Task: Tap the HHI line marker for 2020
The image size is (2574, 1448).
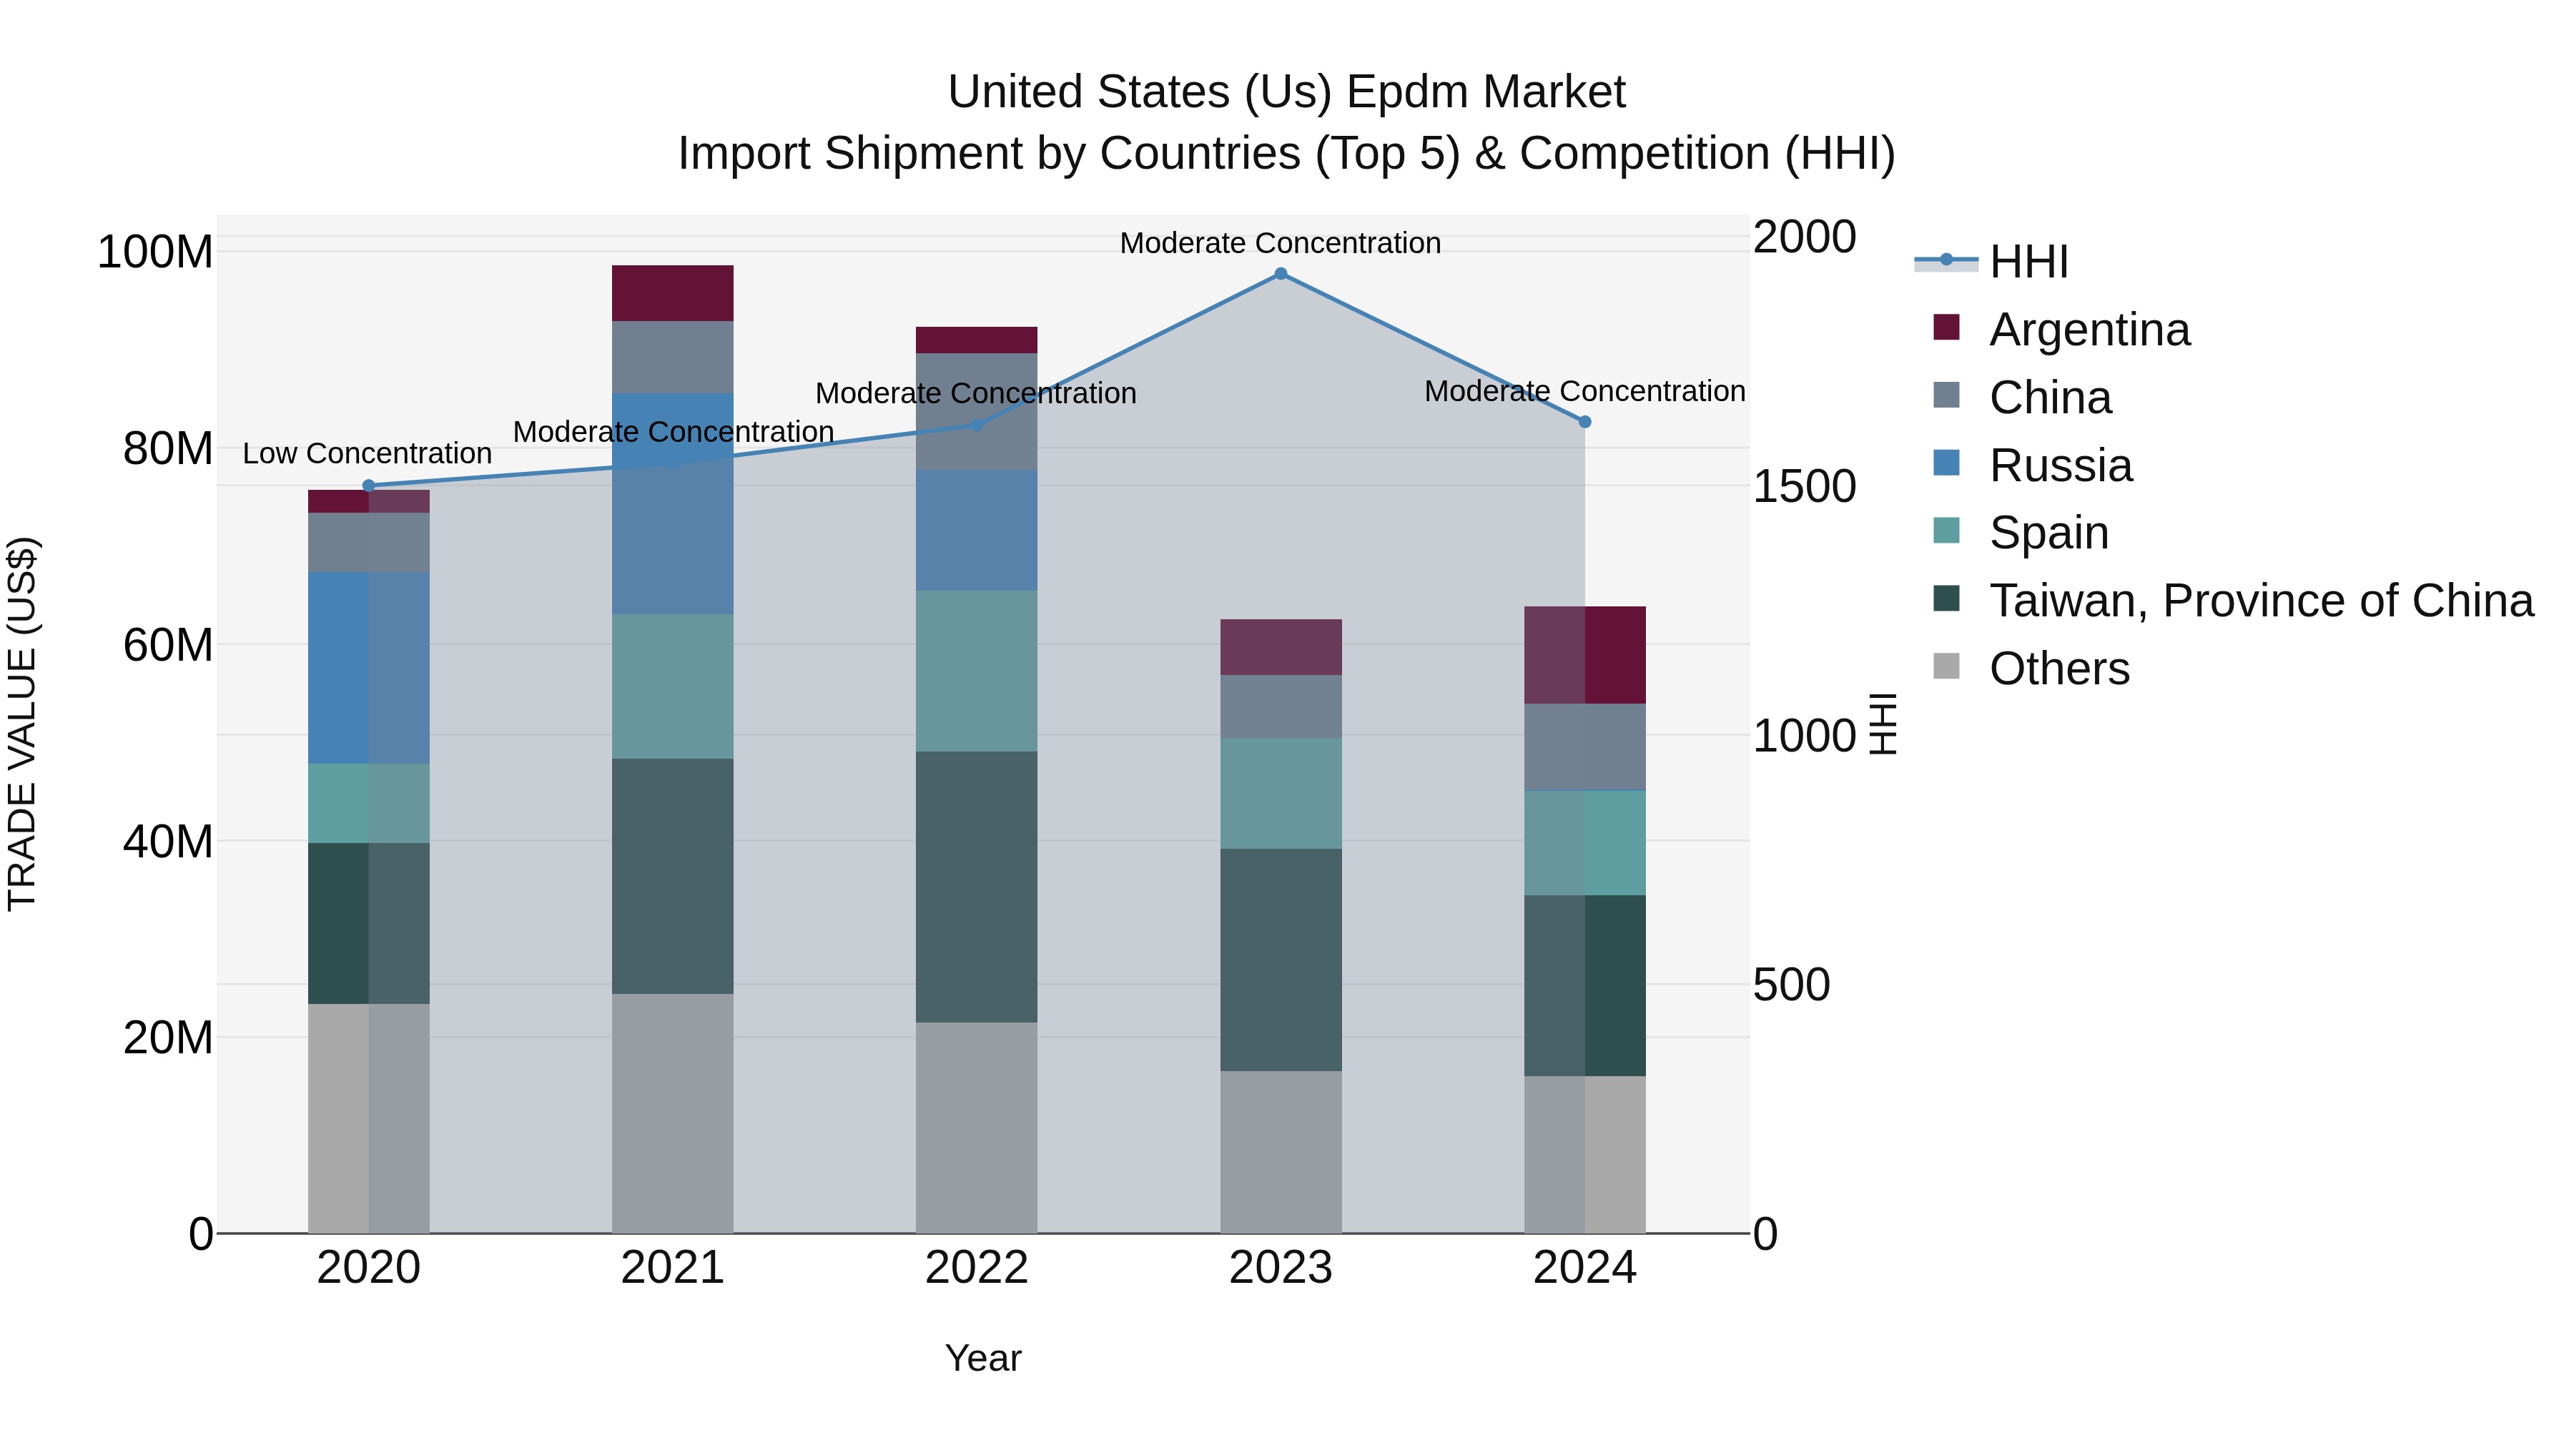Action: pyautogui.click(x=369, y=486)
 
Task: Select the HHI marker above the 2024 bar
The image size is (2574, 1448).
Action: pyautogui.click(x=1584, y=422)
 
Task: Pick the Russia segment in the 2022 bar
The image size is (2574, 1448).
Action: pyautogui.click(x=976, y=530)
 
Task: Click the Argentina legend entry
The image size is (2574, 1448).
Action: pyautogui.click(x=2089, y=330)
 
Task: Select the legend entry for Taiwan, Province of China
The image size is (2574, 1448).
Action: pyautogui.click(x=2260, y=601)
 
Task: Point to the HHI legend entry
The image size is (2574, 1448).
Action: pyautogui.click(x=2028, y=262)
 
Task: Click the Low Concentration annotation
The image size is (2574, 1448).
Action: pyautogui.click(x=367, y=453)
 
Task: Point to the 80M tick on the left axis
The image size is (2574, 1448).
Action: pyautogui.click(x=168, y=448)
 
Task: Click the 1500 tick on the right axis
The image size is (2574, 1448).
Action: pyautogui.click(x=1804, y=487)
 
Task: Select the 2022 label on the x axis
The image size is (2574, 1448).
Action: pyautogui.click(x=976, y=1268)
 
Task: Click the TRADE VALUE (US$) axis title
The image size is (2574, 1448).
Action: pyautogui.click(x=22, y=724)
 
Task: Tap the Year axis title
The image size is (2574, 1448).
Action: pyautogui.click(x=983, y=1358)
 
